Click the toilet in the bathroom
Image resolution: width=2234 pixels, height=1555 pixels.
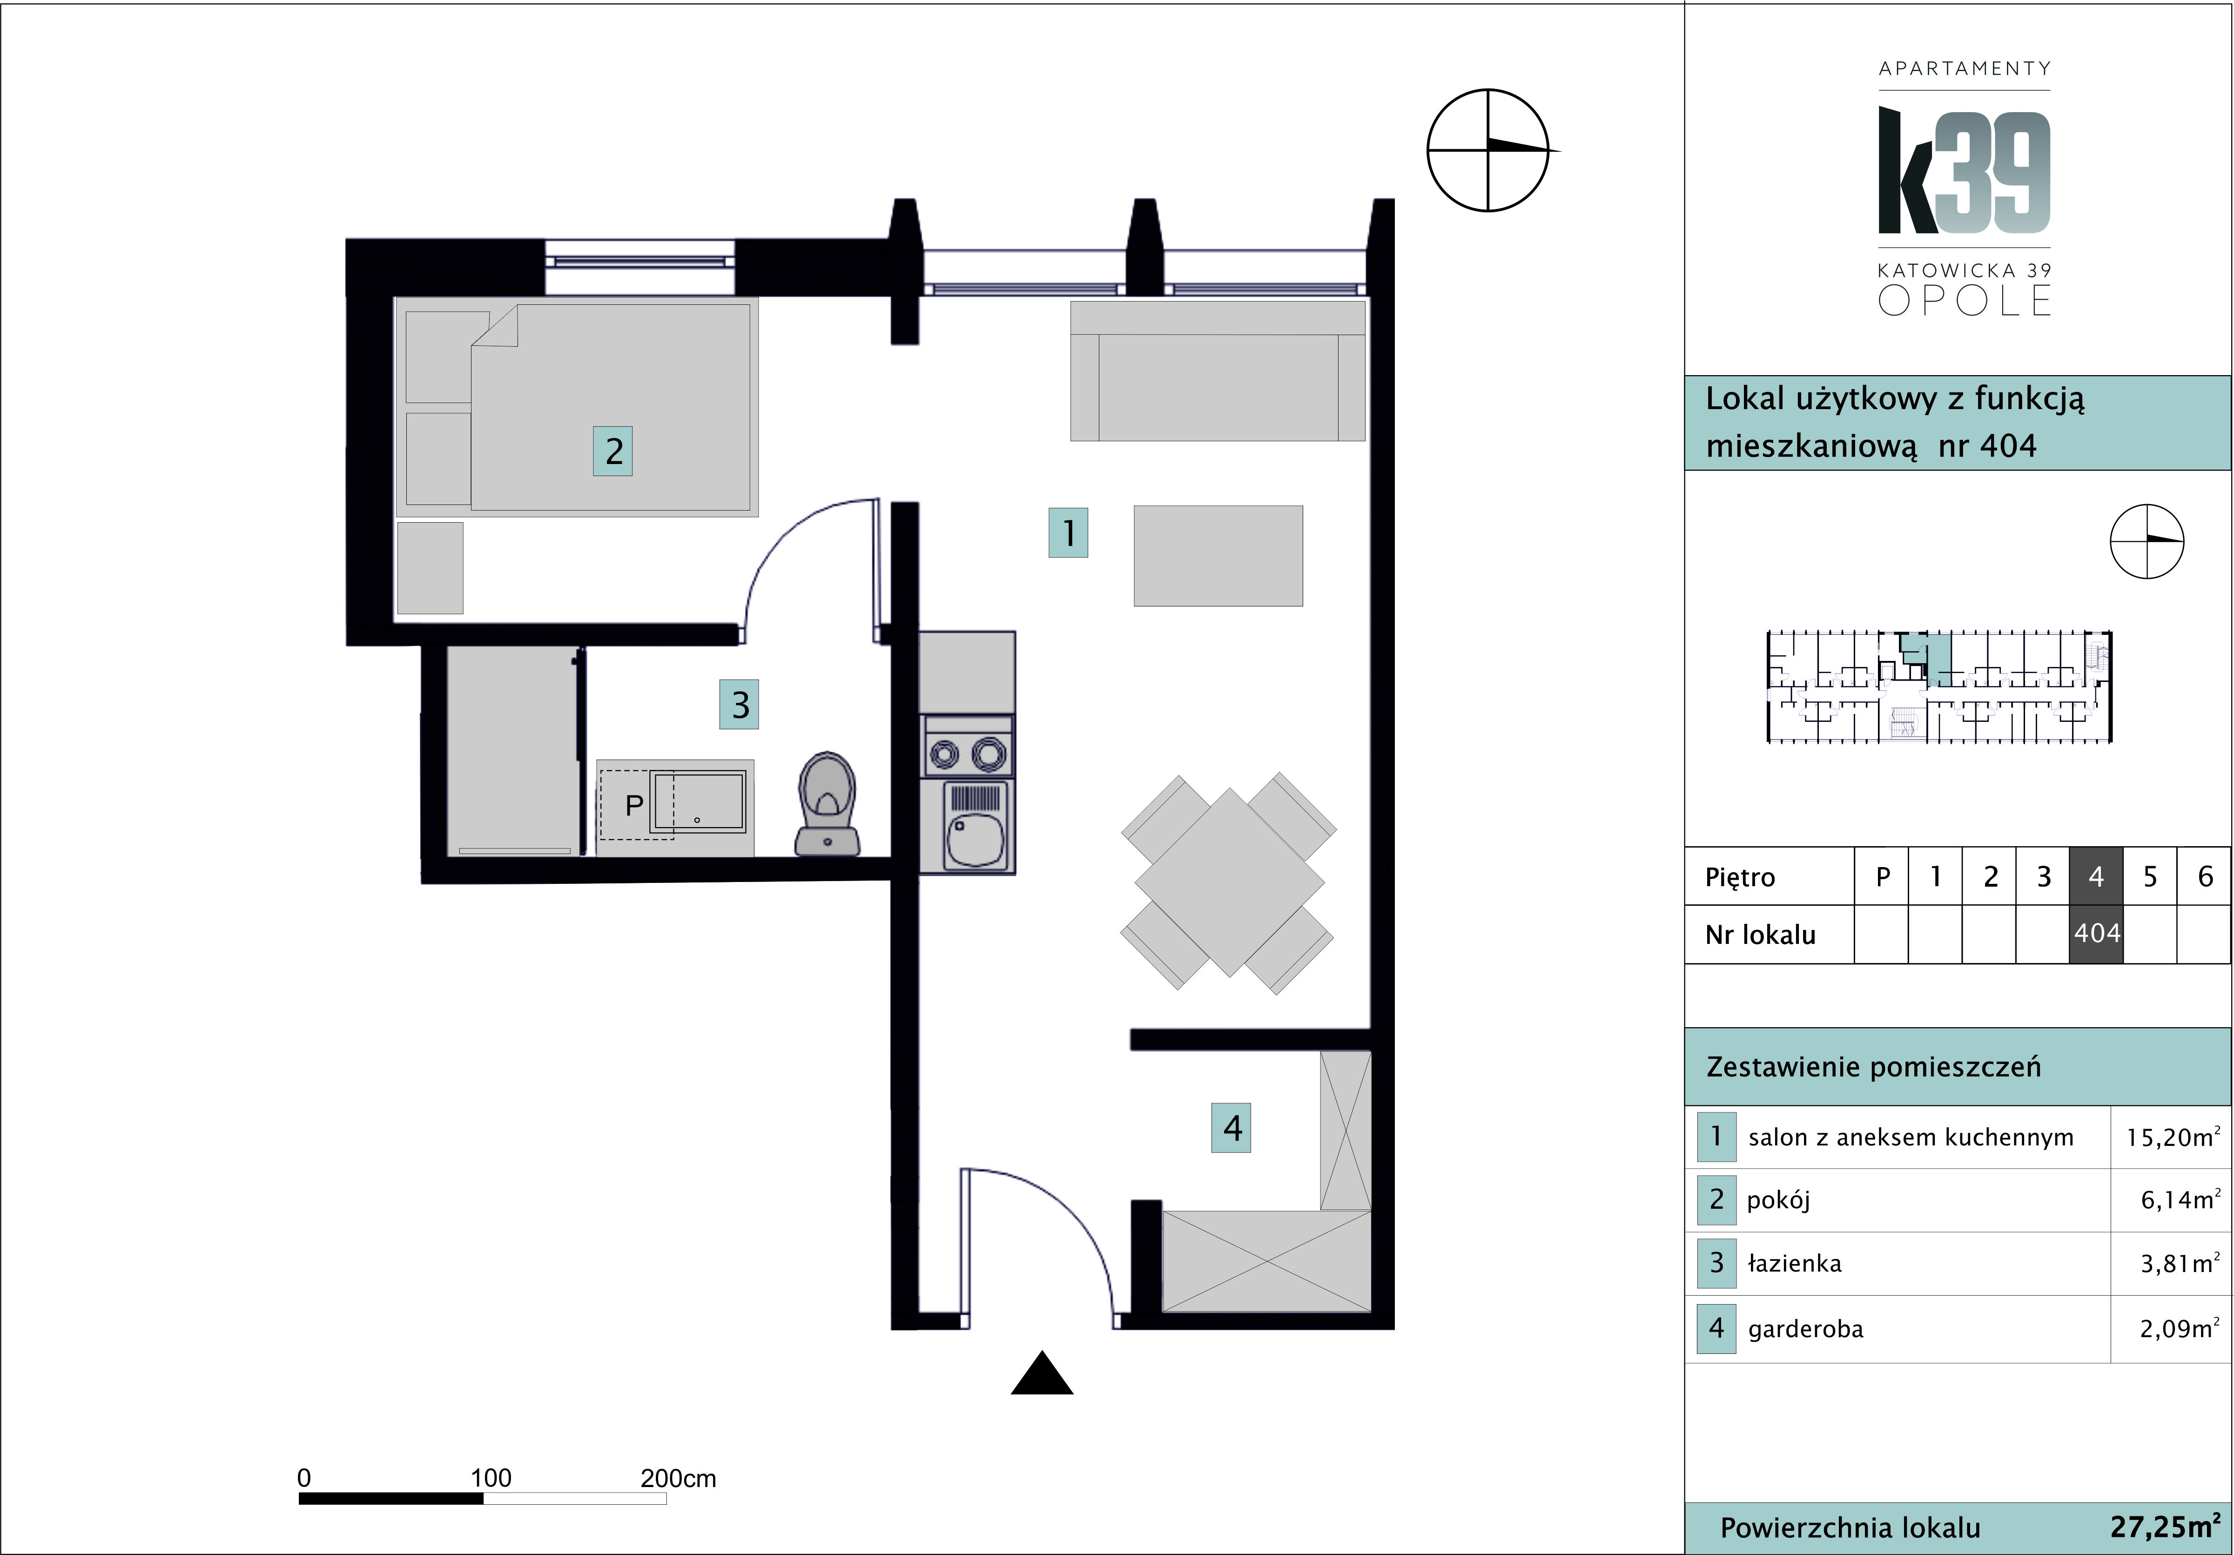pyautogui.click(x=827, y=804)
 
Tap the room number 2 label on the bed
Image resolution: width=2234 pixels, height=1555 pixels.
pyautogui.click(x=613, y=451)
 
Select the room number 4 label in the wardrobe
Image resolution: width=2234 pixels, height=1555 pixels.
pyautogui.click(x=1231, y=1128)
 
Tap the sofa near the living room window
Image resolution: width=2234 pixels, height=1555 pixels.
pyautogui.click(x=1217, y=371)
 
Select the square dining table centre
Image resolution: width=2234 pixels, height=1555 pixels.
pyautogui.click(x=1229, y=882)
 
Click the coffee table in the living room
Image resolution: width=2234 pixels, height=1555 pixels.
pyautogui.click(x=1218, y=556)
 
